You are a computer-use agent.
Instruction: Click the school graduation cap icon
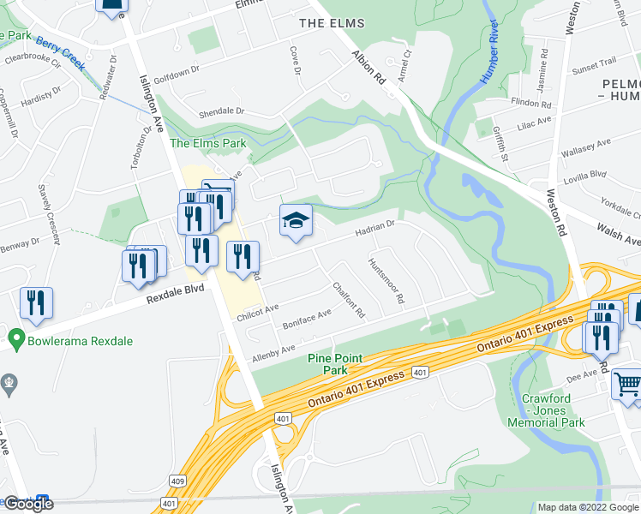tap(296, 222)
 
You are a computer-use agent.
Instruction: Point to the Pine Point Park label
tap(335, 364)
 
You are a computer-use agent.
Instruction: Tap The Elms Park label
tap(207, 143)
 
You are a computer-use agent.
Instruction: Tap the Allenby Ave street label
tap(273, 352)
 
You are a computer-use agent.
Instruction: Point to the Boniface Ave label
tap(307, 320)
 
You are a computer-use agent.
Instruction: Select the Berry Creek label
tap(60, 53)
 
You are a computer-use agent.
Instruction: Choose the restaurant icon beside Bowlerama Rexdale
tap(36, 304)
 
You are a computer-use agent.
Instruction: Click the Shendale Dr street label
tap(222, 111)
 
